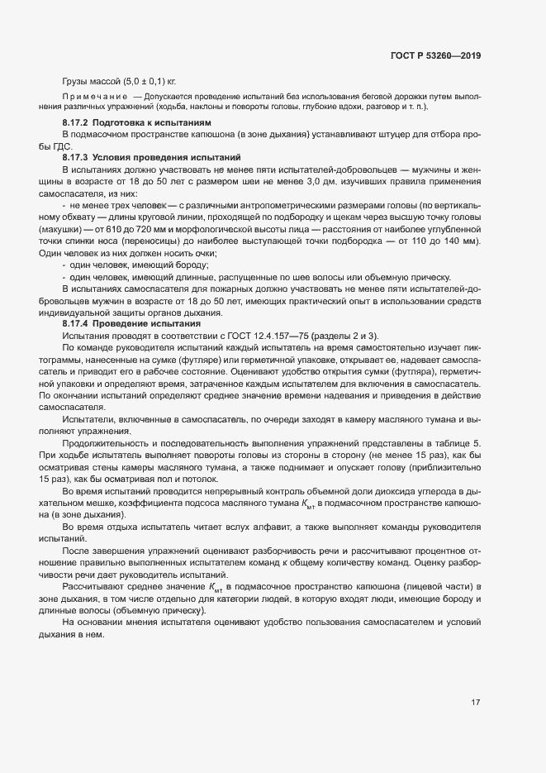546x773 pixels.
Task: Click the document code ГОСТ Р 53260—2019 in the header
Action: [434, 57]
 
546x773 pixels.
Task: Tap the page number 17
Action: [476, 703]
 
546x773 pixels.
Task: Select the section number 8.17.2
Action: [76, 122]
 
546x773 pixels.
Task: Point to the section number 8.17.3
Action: [76, 156]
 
